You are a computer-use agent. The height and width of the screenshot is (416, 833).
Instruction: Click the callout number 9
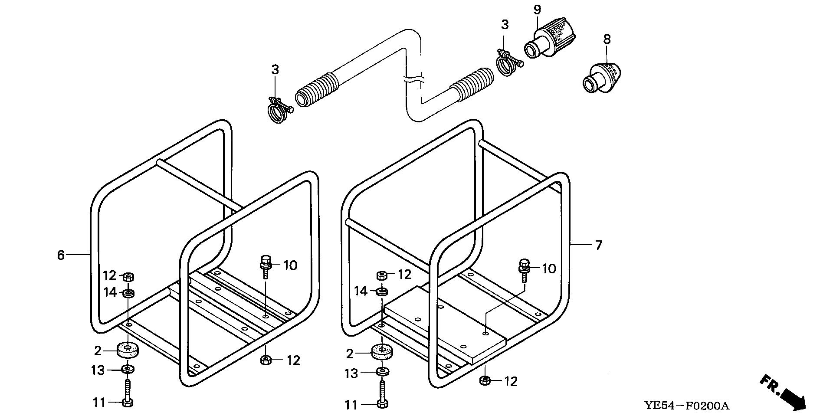[x=537, y=10]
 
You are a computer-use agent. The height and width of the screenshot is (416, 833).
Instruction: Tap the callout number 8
[x=607, y=39]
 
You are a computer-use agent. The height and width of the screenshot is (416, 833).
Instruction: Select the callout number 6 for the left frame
[x=61, y=255]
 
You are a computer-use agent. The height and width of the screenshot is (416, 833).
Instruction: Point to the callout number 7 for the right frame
[x=599, y=245]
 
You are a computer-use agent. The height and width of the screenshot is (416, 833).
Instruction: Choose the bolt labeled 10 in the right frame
[x=524, y=269]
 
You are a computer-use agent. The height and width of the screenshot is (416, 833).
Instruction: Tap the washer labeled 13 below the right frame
[x=382, y=372]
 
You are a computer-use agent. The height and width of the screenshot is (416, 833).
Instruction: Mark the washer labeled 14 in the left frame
[x=128, y=294]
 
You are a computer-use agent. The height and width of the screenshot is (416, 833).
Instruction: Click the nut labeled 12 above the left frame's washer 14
[x=128, y=276]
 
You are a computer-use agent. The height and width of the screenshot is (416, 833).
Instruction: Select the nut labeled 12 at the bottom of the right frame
[x=485, y=381]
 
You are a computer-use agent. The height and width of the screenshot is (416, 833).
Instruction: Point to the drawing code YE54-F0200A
[x=686, y=406]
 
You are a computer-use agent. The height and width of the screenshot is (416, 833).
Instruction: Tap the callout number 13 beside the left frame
[x=98, y=370]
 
